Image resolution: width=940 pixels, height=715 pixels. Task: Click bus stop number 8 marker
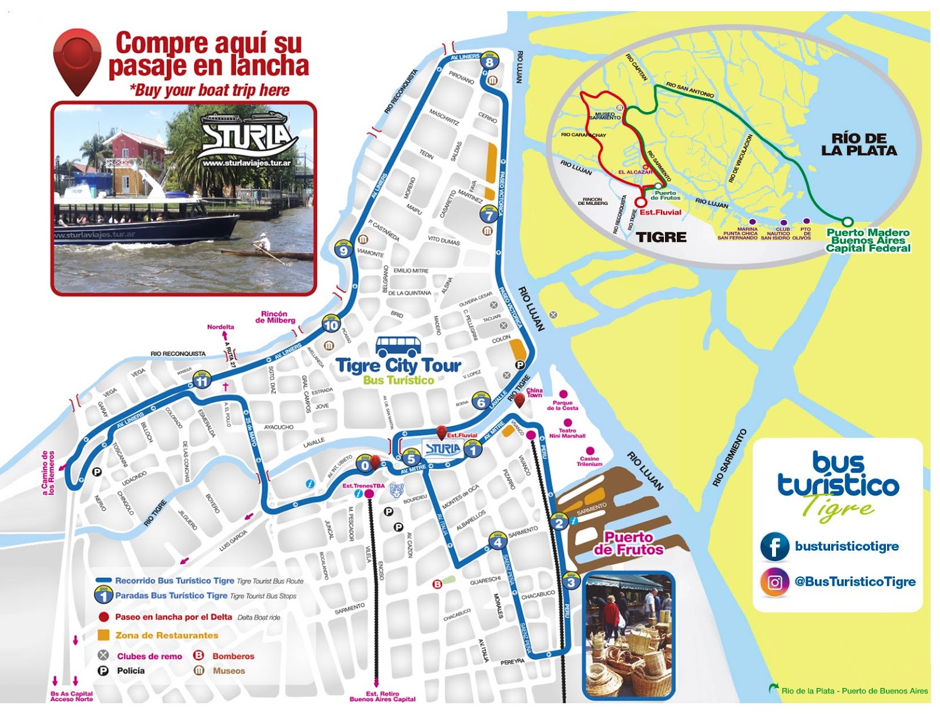click(489, 61)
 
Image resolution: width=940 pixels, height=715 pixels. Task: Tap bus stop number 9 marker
click(343, 250)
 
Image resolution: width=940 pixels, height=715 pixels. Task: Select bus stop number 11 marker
click(202, 380)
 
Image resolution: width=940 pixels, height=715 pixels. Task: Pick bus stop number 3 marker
click(571, 582)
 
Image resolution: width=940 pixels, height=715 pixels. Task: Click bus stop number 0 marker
click(365, 466)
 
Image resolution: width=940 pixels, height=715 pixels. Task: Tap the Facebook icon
click(774, 547)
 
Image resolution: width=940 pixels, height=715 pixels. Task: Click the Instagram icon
click(774, 582)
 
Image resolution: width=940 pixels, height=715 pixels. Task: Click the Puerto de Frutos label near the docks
click(628, 544)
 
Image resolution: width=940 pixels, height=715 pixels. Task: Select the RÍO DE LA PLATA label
click(859, 144)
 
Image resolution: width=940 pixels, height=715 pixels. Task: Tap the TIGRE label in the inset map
click(662, 237)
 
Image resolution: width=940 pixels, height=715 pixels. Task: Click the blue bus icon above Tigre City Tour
click(398, 346)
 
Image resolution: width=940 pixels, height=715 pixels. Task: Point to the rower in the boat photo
click(264, 244)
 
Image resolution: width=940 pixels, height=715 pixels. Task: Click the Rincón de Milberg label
click(275, 317)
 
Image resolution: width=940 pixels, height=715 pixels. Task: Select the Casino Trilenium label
click(589, 461)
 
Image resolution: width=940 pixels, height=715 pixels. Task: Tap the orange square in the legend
click(104, 635)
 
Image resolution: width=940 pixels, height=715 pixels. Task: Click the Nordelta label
click(220, 327)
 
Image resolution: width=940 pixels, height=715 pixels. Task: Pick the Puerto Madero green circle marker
click(847, 222)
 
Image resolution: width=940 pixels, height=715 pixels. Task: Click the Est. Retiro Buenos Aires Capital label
click(382, 696)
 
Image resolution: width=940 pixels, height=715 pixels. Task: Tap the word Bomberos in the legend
click(233, 656)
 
